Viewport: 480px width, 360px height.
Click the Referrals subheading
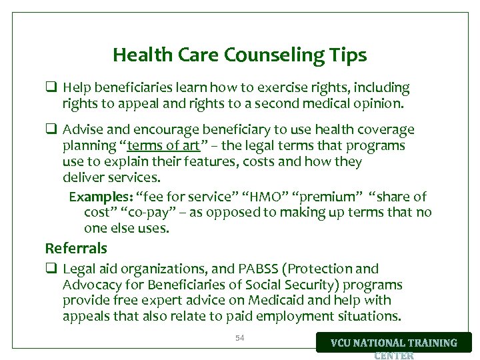click(x=76, y=249)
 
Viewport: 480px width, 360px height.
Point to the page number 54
click(x=240, y=338)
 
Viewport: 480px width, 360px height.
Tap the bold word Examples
click(x=100, y=197)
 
